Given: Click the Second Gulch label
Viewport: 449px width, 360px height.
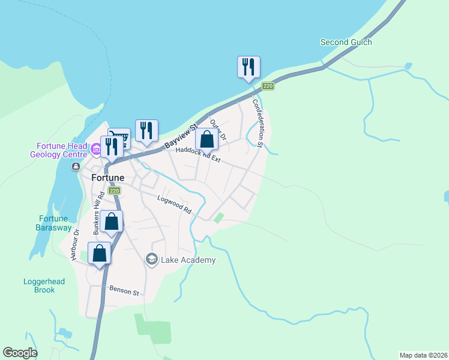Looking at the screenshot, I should [346, 42].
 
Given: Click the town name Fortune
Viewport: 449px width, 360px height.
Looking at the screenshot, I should [108, 178].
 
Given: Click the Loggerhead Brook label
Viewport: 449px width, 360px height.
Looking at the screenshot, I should [39, 286].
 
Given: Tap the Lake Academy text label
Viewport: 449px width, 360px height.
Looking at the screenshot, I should [187, 260].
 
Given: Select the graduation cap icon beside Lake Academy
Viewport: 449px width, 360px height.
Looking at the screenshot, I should [152, 259].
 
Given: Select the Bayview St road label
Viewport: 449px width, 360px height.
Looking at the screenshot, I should [181, 137].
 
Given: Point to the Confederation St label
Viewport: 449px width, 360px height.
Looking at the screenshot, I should [259, 123].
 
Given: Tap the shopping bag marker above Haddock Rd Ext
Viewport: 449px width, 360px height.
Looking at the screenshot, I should [206, 140].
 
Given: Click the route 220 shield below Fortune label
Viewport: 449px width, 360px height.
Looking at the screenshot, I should [114, 191].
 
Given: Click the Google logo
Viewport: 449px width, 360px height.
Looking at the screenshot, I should [20, 353].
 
